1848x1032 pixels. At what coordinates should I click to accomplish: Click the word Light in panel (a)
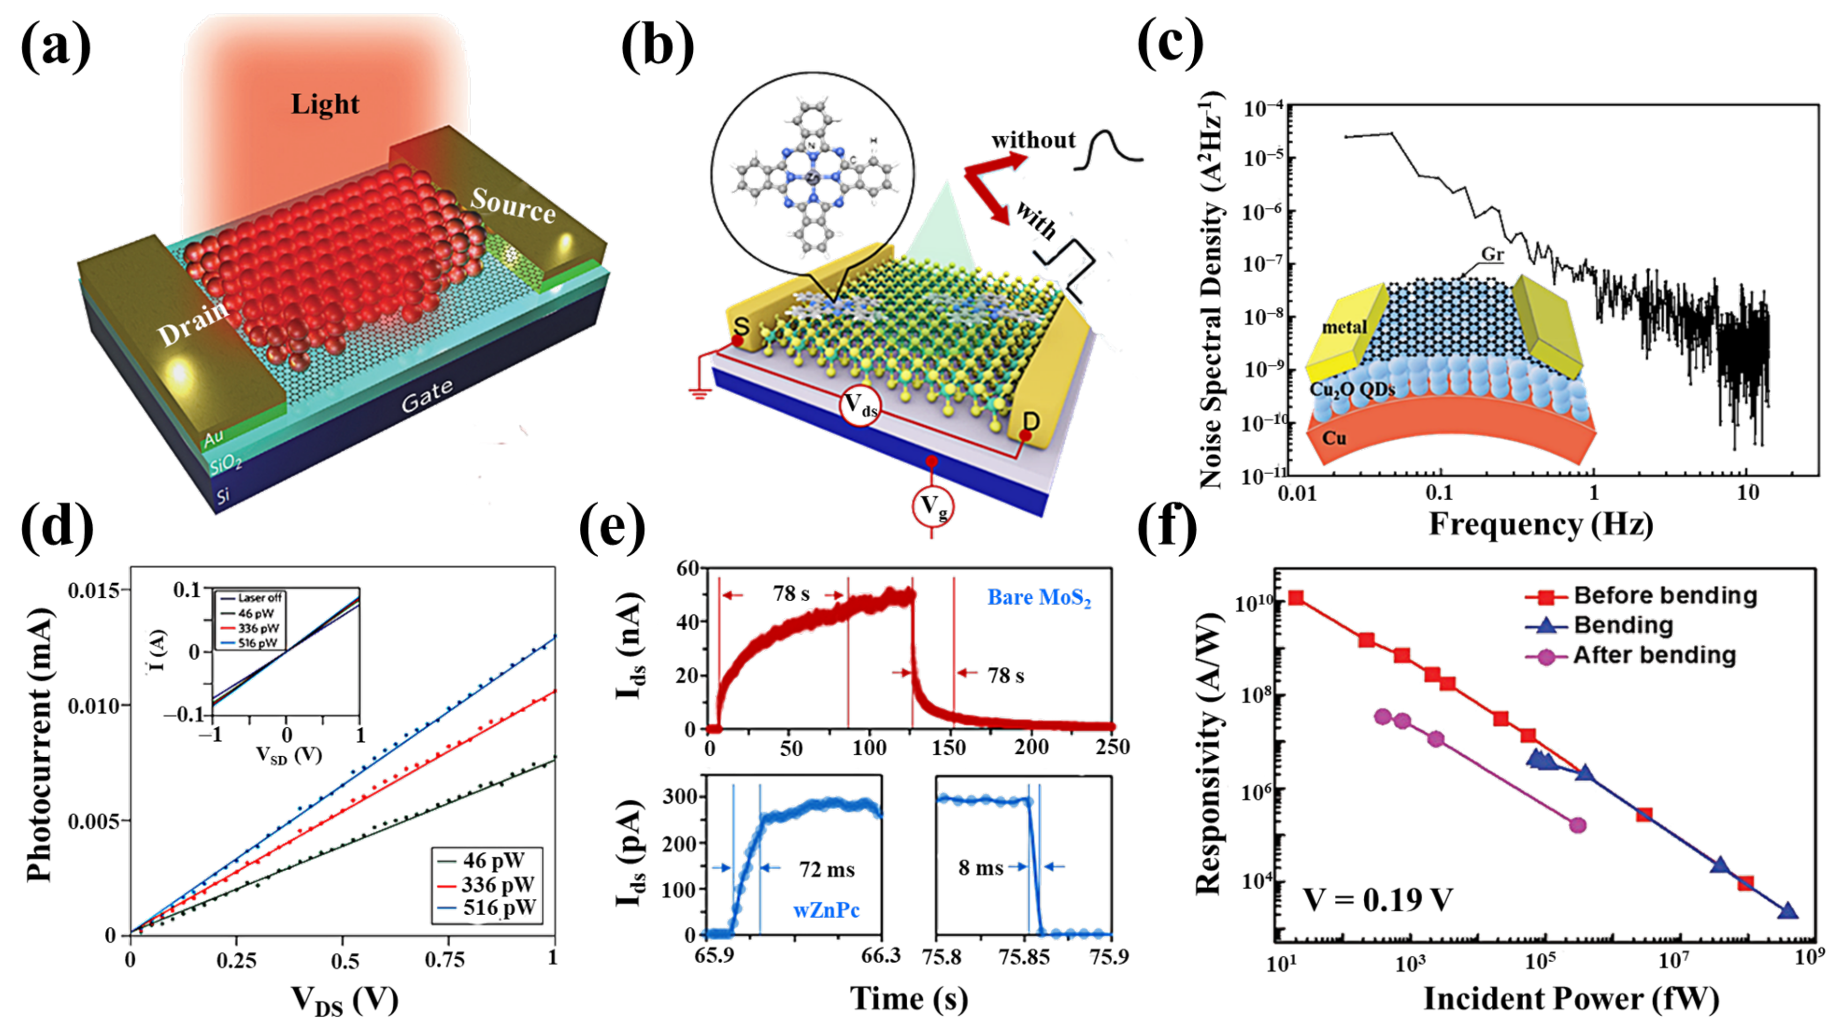click(324, 105)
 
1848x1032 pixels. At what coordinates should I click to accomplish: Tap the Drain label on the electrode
click(192, 324)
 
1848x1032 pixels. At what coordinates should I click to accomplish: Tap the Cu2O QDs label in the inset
click(1352, 390)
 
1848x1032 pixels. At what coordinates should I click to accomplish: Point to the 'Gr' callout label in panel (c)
click(1492, 254)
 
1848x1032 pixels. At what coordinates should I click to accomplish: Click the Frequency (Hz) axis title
click(1541, 524)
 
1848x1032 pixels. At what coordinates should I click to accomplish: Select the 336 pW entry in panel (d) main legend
click(498, 884)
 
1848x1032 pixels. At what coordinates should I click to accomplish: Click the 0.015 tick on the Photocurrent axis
click(98, 591)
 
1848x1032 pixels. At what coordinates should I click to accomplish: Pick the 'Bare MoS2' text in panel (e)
click(1039, 598)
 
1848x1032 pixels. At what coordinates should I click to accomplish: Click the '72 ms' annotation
click(826, 870)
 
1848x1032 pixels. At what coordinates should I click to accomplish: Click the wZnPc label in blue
click(826, 910)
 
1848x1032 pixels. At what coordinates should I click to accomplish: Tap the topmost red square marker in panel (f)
click(1295, 598)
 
